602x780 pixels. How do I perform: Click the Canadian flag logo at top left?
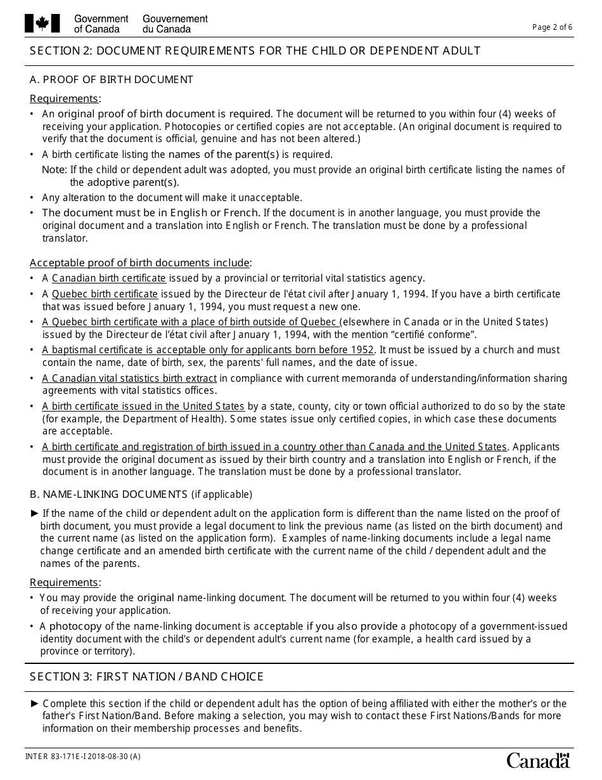[x=42, y=24]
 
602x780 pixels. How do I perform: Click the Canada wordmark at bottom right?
[x=538, y=760]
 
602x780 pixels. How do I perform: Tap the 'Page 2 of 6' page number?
[x=552, y=27]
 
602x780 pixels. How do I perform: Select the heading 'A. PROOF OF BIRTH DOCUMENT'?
[x=112, y=80]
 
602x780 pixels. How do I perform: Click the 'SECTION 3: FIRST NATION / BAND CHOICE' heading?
[x=146, y=677]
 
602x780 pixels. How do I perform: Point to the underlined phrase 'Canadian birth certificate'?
[x=109, y=278]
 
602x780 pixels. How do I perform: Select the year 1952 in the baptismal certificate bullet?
[x=362, y=350]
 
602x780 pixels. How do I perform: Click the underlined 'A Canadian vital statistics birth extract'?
[x=129, y=379]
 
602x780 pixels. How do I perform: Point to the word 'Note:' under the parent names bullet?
[x=54, y=170]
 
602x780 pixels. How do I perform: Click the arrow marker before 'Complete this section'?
[x=34, y=704]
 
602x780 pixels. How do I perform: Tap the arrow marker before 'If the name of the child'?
[x=34, y=514]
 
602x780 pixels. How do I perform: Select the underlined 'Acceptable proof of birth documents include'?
[x=140, y=263]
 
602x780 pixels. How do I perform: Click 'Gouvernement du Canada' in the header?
[x=175, y=24]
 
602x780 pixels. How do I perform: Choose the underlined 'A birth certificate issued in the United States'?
[x=143, y=406]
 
